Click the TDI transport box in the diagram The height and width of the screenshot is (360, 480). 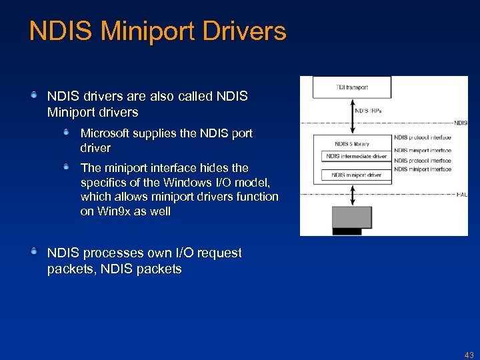[x=352, y=87]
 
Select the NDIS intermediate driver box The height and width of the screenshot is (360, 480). [x=356, y=157]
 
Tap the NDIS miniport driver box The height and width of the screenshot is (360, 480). [x=356, y=175]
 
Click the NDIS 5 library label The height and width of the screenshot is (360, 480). [x=352, y=143]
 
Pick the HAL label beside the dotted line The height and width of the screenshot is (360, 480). [x=462, y=194]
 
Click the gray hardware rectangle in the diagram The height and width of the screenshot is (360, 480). [x=351, y=217]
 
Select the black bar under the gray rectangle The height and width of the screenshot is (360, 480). [x=347, y=231]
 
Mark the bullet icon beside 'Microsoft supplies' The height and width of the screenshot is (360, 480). [x=67, y=133]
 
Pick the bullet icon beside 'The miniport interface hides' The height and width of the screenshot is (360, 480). [x=67, y=167]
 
